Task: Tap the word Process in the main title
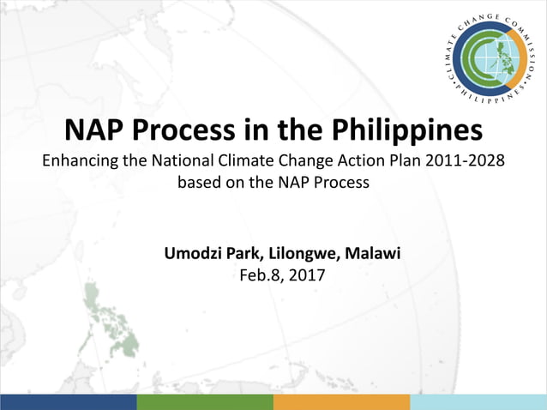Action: pyautogui.click(x=199, y=131)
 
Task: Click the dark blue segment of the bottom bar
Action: pyautogui.click(x=69, y=401)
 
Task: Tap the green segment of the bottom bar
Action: pyautogui.click(x=205, y=401)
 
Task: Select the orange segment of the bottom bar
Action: pyautogui.click(x=341, y=401)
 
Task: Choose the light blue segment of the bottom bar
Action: pyautogui.click(x=478, y=401)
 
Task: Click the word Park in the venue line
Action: pyautogui.click(x=248, y=254)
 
